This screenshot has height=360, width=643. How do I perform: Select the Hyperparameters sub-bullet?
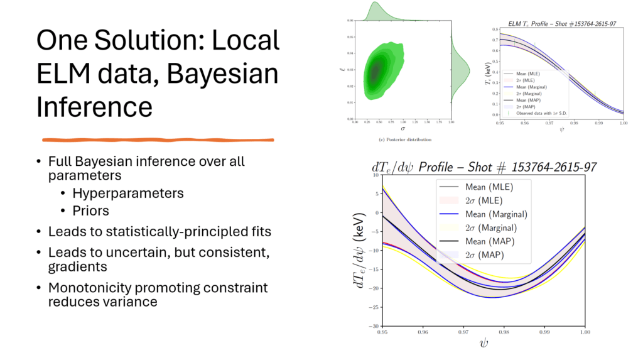[x=128, y=194]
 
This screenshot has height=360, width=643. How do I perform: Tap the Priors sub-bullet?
[x=90, y=211]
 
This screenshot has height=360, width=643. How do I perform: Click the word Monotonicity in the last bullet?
[x=86, y=287]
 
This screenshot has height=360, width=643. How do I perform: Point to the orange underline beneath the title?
[x=157, y=139]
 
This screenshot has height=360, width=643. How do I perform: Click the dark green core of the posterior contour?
[x=376, y=72]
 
